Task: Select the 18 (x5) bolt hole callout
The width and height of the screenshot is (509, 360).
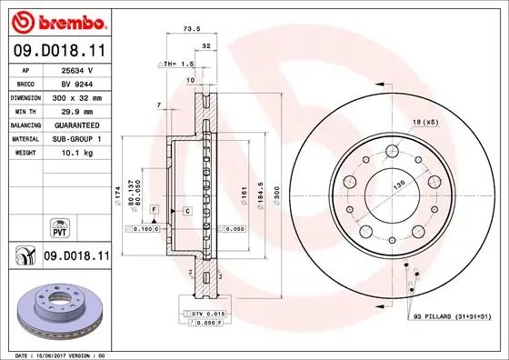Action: click(x=426, y=122)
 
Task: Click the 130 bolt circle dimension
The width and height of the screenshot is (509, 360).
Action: click(x=398, y=185)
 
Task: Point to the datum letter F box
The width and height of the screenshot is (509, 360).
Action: click(x=155, y=210)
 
